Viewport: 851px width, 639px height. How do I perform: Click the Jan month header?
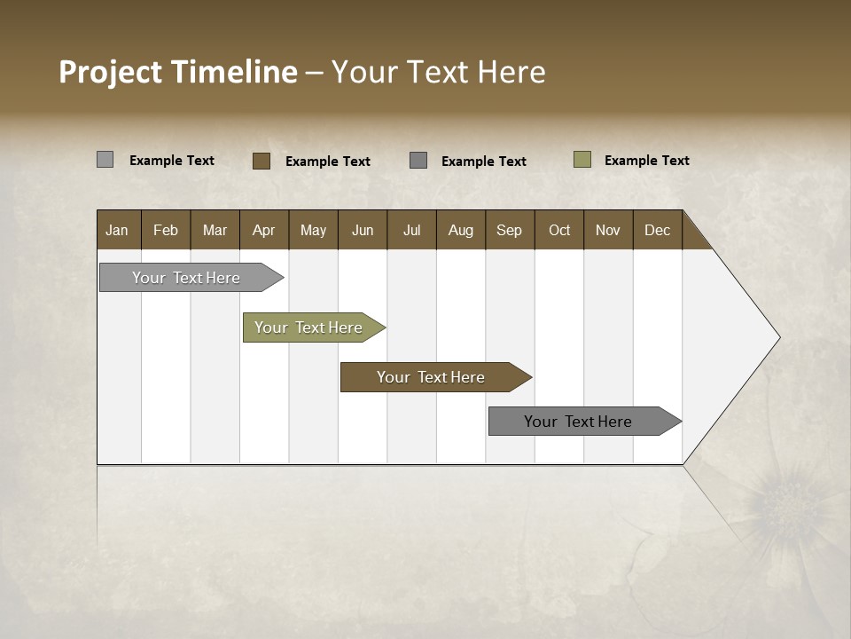click(117, 231)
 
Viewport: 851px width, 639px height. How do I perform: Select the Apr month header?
click(263, 231)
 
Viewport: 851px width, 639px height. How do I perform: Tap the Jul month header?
click(411, 231)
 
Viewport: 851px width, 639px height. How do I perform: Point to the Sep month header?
click(509, 231)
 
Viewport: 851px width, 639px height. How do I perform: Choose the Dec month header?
click(657, 231)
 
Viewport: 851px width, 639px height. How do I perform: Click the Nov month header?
click(607, 231)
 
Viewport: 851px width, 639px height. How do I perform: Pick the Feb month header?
click(166, 231)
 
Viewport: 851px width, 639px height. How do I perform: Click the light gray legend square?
click(105, 160)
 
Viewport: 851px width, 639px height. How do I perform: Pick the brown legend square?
click(261, 161)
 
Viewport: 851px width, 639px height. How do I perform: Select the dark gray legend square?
click(418, 161)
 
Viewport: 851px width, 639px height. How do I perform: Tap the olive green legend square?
click(582, 160)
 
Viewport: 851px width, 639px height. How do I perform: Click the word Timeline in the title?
click(233, 72)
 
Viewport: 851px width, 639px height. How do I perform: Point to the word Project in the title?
click(110, 72)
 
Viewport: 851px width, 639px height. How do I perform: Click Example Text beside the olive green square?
click(646, 161)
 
